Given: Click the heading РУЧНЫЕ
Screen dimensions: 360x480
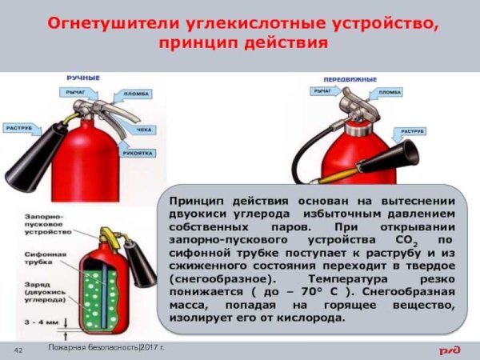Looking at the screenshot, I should pos(83,78).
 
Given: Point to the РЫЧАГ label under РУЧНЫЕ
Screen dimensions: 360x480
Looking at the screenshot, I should pos(76,93).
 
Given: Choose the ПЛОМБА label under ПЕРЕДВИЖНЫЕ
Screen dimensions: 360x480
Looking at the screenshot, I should pos(390,93).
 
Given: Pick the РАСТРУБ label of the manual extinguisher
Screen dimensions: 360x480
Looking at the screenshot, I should pos(19,128).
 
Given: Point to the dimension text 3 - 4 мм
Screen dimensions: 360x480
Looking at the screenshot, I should pos(39,322).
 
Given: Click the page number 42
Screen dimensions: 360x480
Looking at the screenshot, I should pos(18,350).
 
